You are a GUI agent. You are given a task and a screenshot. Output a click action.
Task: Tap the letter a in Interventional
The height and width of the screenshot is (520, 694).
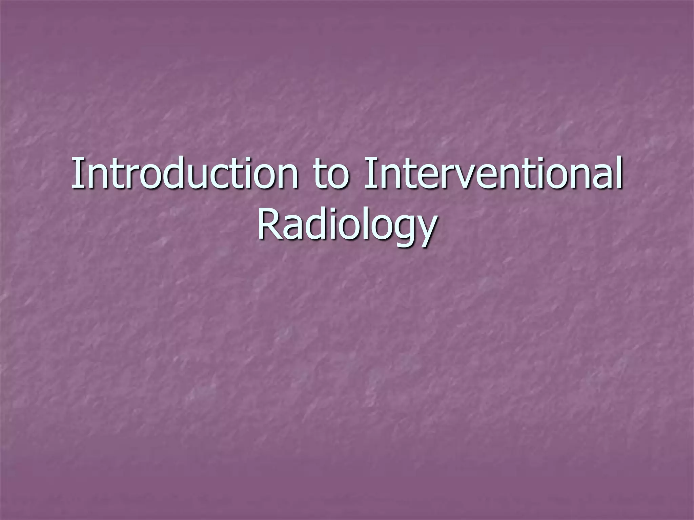(599, 178)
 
